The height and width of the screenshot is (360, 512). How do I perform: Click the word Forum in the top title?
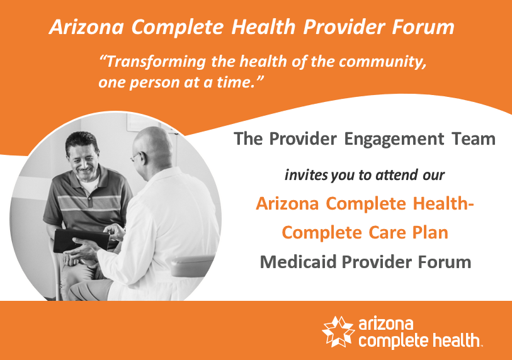(x=423, y=27)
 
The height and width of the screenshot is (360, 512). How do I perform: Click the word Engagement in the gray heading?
(x=394, y=139)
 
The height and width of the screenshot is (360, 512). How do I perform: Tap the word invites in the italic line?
(x=306, y=175)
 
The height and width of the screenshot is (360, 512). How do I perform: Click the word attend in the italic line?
(x=397, y=175)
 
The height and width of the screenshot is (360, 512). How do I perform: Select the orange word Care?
(x=387, y=233)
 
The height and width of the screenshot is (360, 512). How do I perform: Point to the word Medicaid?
(x=298, y=262)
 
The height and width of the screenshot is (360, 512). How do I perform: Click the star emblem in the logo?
(x=338, y=331)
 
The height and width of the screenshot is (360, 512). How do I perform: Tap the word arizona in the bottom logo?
(x=385, y=324)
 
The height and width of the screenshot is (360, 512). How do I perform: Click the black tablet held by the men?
(x=81, y=240)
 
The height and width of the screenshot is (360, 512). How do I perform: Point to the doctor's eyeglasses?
(x=135, y=157)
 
